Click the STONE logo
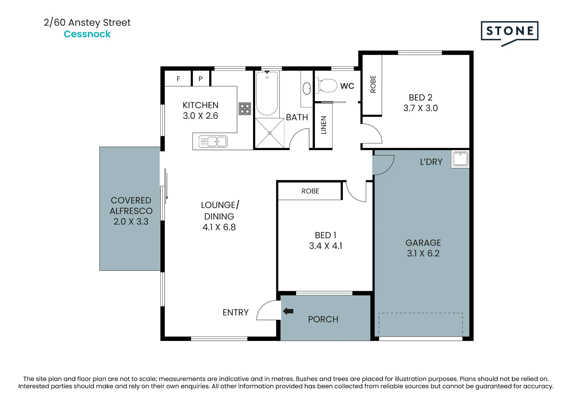pos(509,33)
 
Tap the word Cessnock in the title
pos(87,34)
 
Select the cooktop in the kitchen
pos(245,109)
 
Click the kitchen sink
pos(213,141)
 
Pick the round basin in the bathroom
pos(307,88)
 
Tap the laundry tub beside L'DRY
pos(460,159)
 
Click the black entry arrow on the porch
pos(288,311)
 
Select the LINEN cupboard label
pos(323,125)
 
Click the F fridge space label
pos(178,79)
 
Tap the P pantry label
pos(200,79)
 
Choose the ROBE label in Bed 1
pos(310,191)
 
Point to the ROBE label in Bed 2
pos(373,84)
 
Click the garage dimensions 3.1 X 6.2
pos(423,253)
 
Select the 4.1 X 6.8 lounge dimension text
pos(219,227)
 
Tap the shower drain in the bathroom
pos(269,133)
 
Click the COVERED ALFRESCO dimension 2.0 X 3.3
pos(131,221)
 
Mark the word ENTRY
pos(236,312)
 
